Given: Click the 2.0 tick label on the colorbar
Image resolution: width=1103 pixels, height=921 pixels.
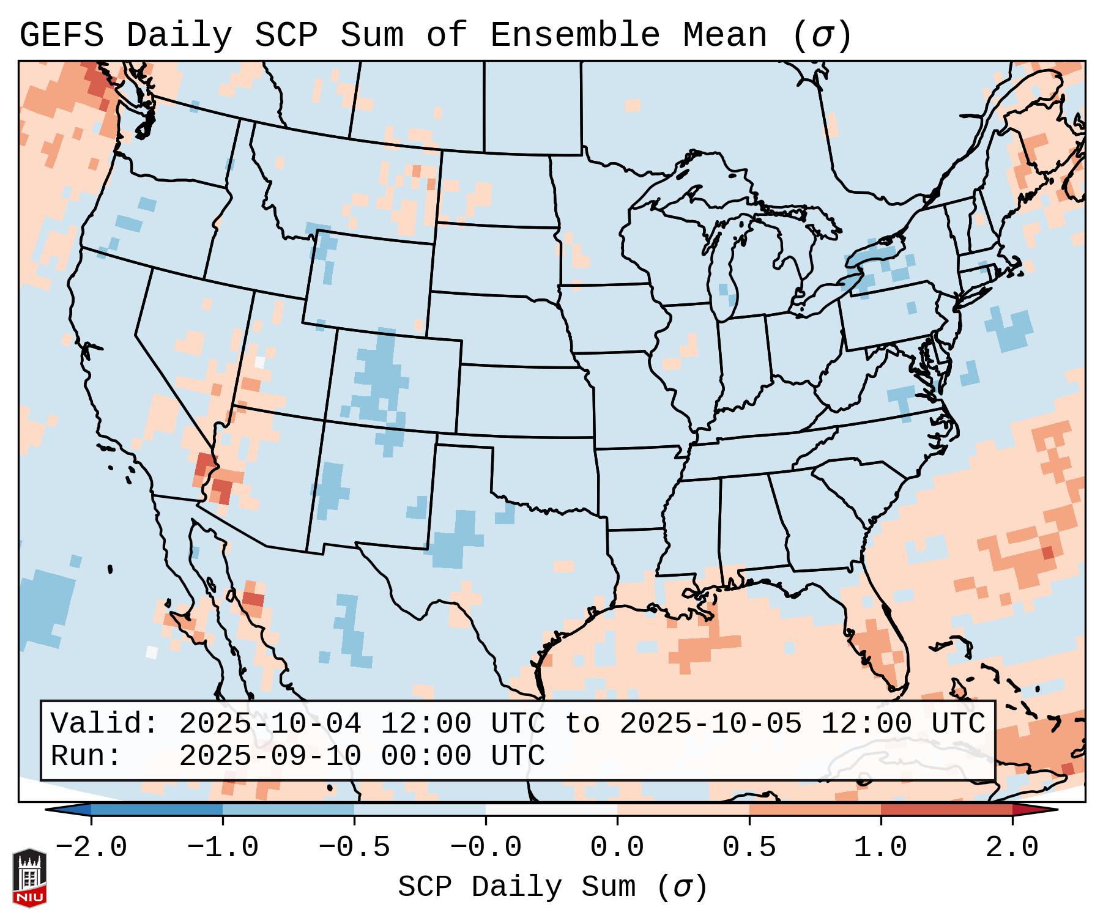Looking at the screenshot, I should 1012,848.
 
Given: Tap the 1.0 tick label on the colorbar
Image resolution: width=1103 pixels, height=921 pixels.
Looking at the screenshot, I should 880,848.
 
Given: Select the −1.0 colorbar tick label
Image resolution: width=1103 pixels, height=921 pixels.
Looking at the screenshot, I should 222,848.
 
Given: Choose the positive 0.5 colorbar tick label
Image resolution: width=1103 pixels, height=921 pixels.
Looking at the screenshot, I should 749,848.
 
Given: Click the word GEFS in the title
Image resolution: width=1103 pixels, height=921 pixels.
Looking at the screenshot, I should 61,35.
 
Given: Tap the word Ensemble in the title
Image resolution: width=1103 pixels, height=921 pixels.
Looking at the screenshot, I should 575,35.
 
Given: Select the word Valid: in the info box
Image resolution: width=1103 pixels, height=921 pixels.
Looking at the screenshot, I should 105,723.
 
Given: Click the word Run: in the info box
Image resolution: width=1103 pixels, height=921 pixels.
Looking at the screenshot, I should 86,756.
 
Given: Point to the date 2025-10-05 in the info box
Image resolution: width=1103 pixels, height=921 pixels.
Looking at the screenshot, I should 710,723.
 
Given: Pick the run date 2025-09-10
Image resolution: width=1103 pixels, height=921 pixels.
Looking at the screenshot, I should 270,756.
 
